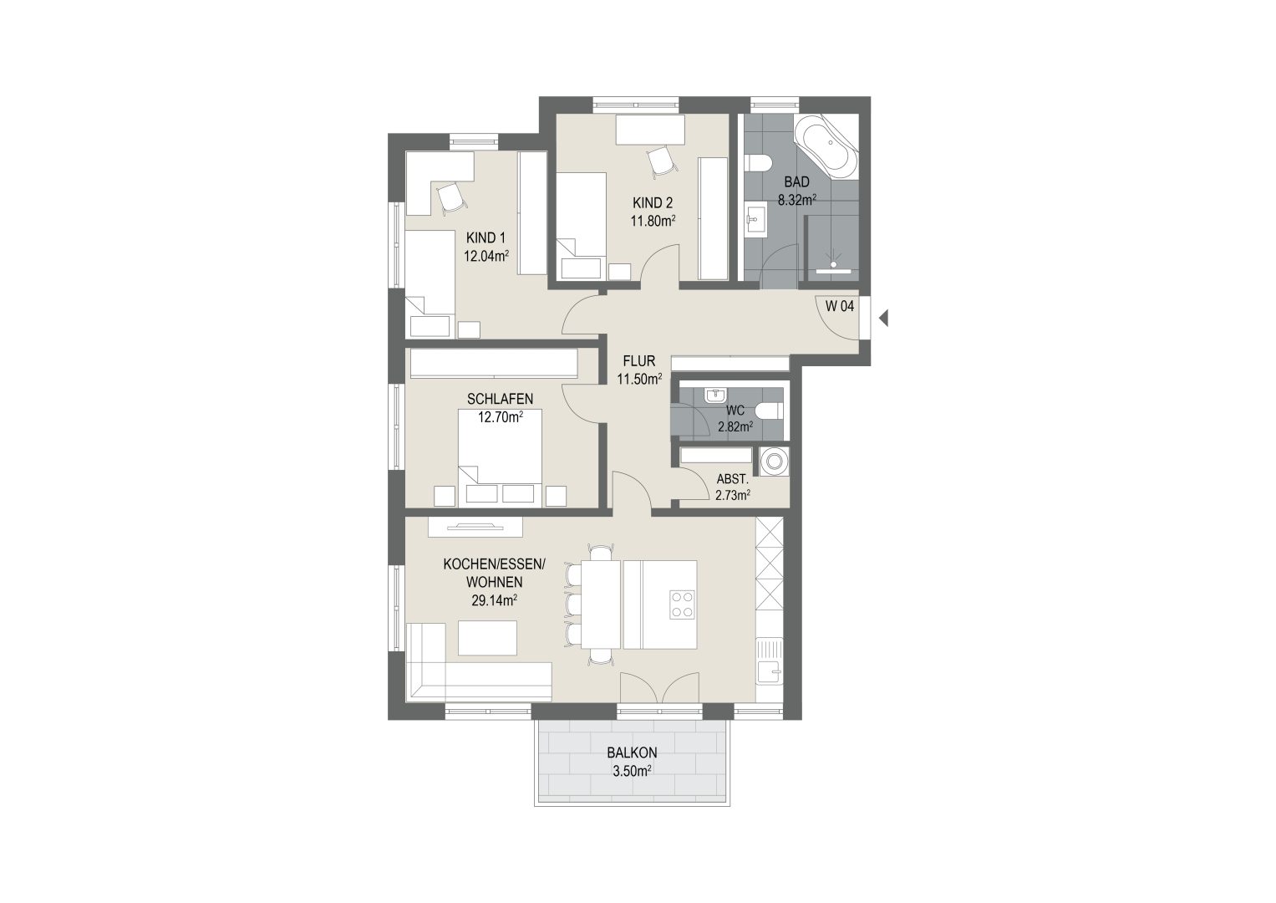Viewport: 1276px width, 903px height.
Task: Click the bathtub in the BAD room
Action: (x=826, y=146)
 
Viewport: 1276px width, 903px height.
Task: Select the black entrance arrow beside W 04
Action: (x=883, y=318)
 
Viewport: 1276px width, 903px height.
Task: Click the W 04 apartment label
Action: (x=840, y=306)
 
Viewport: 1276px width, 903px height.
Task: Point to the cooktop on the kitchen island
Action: (x=683, y=605)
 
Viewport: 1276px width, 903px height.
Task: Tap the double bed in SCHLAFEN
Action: (x=500, y=458)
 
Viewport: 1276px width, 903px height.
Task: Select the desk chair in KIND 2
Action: (x=662, y=162)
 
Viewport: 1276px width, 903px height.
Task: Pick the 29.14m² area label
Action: (x=494, y=600)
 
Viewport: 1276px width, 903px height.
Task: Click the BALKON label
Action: (x=632, y=752)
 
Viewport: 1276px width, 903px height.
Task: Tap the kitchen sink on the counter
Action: (x=770, y=662)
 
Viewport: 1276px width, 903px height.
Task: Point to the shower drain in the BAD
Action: (x=833, y=264)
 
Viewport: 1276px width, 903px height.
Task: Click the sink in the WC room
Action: (x=714, y=395)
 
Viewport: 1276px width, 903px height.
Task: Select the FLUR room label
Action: (x=639, y=361)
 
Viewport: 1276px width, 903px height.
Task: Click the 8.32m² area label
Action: (x=797, y=200)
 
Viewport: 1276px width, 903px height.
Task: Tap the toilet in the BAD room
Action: (x=758, y=164)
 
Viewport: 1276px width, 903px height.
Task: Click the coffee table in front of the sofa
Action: (x=488, y=638)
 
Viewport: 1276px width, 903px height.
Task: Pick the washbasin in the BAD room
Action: (x=756, y=220)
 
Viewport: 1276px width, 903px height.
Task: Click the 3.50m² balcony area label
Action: (x=632, y=771)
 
